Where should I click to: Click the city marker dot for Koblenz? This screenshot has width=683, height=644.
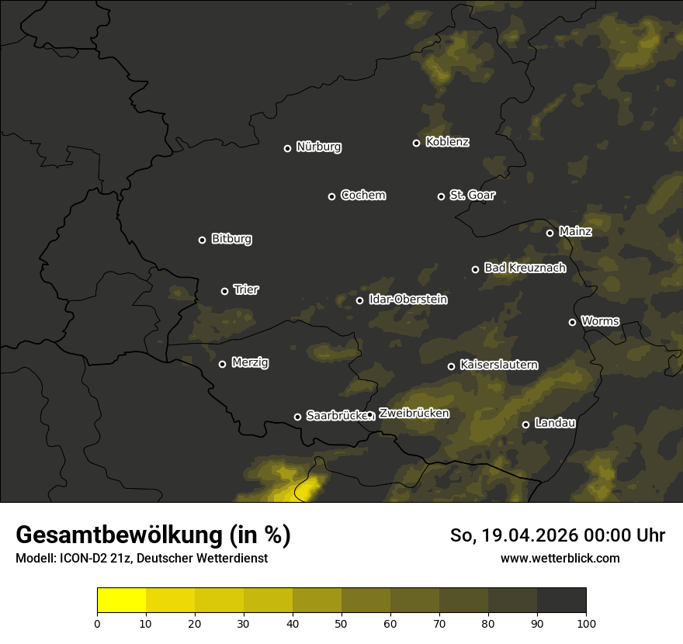(x=416, y=143)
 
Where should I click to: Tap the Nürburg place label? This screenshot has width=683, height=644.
(x=318, y=147)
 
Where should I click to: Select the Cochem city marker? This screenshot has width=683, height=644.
(x=331, y=196)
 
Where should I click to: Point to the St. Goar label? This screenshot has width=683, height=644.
(x=472, y=196)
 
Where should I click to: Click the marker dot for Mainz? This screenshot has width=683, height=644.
(x=550, y=233)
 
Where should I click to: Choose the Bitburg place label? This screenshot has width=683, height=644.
(x=231, y=239)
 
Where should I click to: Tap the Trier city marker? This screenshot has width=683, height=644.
(x=224, y=291)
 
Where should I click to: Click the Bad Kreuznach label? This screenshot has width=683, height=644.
(x=525, y=268)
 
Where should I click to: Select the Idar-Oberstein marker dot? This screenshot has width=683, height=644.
(x=359, y=300)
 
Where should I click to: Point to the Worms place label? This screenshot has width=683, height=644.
(x=600, y=321)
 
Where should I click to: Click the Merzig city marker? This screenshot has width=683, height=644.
(x=222, y=364)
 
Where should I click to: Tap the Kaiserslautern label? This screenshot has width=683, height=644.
(x=498, y=365)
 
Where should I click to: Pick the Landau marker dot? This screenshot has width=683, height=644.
(x=525, y=424)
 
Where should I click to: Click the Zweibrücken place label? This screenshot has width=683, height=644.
(x=414, y=414)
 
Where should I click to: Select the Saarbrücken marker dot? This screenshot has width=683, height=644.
(x=297, y=417)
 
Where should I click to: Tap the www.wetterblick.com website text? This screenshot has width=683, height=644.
(x=560, y=559)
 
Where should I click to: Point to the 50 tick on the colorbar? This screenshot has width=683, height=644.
(x=341, y=622)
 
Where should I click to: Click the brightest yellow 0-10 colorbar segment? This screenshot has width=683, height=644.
(x=121, y=600)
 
